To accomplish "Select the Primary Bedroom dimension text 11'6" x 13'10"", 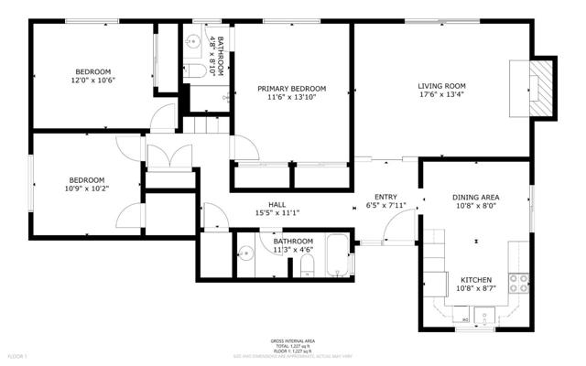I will (291, 97).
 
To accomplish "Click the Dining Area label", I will (475, 197).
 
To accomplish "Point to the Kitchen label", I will (476, 279).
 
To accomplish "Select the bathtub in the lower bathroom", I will (338, 255).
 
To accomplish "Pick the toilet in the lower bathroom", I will (307, 266).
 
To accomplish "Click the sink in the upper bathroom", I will (193, 40).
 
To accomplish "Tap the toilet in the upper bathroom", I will (194, 70).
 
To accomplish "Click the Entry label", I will (385, 197).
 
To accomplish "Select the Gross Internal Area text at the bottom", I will (292, 339).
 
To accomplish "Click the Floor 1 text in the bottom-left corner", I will (18, 355).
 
